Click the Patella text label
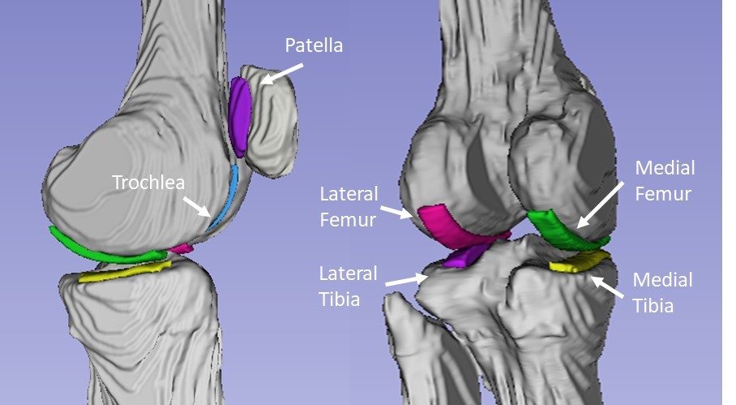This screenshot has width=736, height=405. click(x=313, y=45)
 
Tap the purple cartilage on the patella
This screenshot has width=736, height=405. click(x=240, y=114)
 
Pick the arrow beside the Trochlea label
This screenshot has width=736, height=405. click(x=198, y=205)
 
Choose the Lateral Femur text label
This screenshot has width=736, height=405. click(x=349, y=205)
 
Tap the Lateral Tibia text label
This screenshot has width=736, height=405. click(x=349, y=285)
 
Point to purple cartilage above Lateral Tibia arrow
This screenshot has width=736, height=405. click(x=463, y=255)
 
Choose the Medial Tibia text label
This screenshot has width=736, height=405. click(x=662, y=292)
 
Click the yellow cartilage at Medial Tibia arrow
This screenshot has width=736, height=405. click(x=579, y=261)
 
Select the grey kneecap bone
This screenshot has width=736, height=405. click(x=272, y=122)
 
